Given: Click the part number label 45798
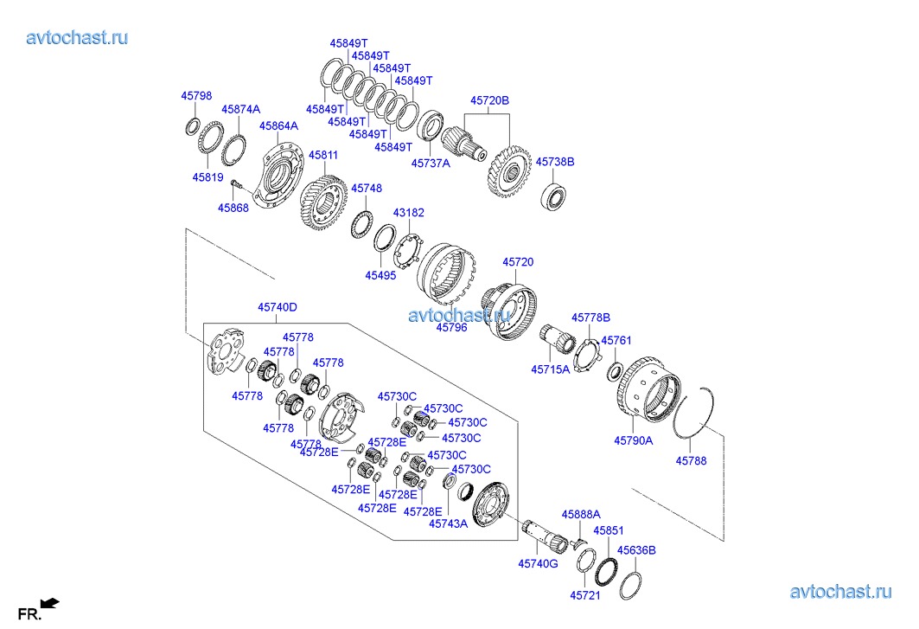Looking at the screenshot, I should point(196,96).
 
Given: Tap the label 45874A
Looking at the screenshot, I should point(240,110).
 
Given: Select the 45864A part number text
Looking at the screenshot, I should point(278,125).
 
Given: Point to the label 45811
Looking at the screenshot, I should point(324,155).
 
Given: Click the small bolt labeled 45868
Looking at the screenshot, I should point(236,183).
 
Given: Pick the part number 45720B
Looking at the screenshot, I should point(489,100).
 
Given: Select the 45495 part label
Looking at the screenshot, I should point(380,275).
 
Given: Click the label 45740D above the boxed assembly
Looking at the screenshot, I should point(277,307).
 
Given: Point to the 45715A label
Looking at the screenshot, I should point(550,370).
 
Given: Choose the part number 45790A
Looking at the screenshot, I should point(634,440).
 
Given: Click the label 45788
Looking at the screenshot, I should point(691,461).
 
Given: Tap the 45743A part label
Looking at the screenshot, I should point(448,523).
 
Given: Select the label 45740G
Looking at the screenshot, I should point(538,563).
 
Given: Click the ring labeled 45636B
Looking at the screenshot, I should point(631,586).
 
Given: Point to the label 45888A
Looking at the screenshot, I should point(581,515).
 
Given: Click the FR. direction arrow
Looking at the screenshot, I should point(50,602).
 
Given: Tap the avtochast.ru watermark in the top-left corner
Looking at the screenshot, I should point(78,37).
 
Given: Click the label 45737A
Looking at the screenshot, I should point(431,163).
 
